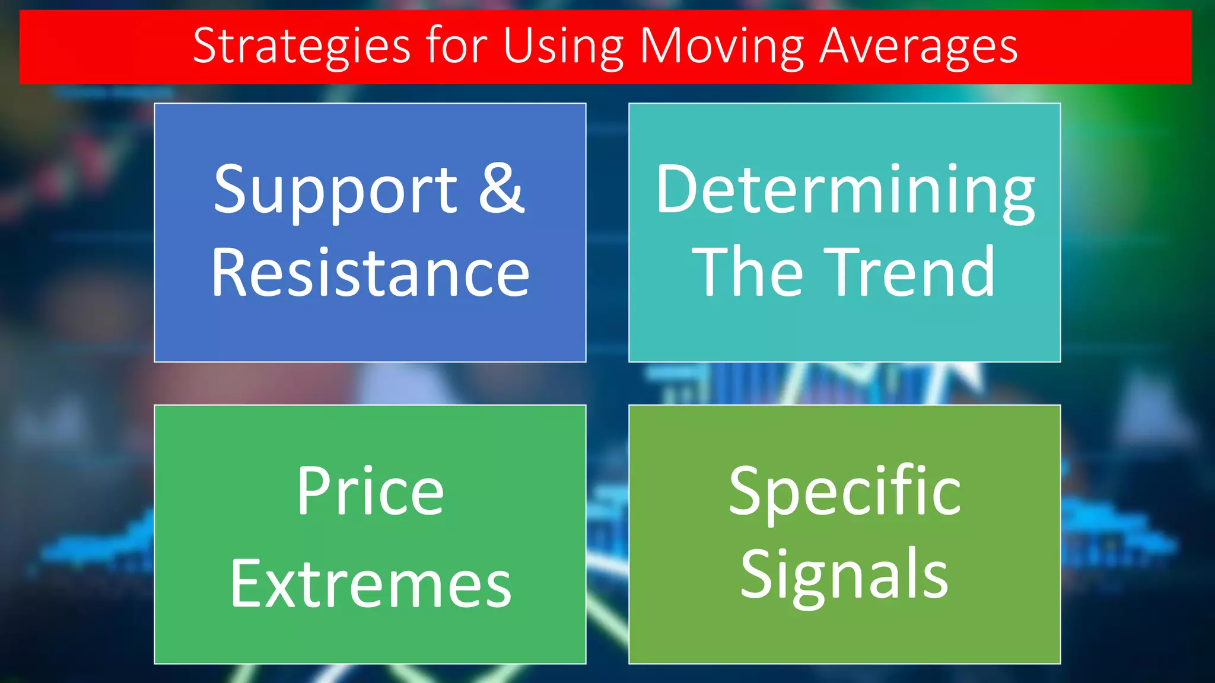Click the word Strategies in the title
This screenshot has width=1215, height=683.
coord(301,46)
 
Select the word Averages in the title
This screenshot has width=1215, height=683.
coord(919,46)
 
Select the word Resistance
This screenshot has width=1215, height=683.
coord(370,273)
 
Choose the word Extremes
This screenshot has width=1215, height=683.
coord(370,585)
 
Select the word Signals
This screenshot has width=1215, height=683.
coord(845,575)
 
